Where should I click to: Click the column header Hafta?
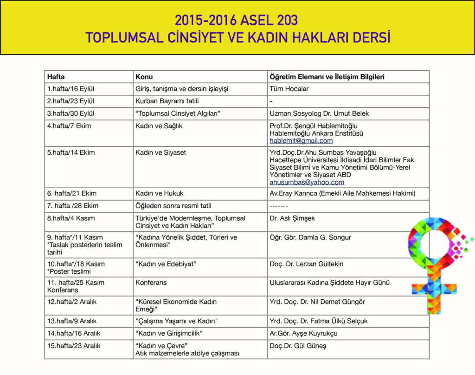(x=56, y=77)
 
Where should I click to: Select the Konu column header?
(x=144, y=77)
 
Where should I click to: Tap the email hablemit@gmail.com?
(x=301, y=141)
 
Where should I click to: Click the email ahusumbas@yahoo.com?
(x=307, y=182)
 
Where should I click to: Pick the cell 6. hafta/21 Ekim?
(x=72, y=193)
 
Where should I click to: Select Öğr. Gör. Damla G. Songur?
(x=310, y=237)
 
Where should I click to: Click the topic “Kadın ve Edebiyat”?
(x=166, y=264)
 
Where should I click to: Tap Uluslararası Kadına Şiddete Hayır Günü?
(x=329, y=283)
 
